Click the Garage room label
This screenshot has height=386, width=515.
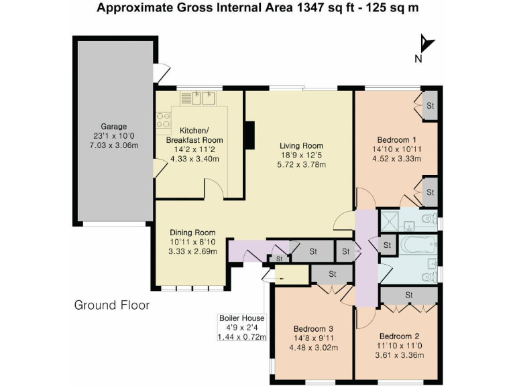[113, 127]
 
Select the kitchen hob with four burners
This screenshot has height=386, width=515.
[164, 120]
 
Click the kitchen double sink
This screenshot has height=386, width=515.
[198, 98]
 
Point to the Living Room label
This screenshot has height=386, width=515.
[301, 145]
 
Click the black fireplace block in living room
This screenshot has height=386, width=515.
[249, 135]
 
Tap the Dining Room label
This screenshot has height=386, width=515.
[192, 233]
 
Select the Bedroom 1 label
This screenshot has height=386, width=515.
[397, 139]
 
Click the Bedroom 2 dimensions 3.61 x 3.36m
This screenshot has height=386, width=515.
[400, 355]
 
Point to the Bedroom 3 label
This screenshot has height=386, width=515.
[313, 328]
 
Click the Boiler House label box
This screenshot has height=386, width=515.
[241, 327]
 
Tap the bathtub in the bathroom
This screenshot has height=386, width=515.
[418, 244]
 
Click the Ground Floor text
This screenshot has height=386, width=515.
[112, 306]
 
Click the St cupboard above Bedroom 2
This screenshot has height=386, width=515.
[409, 295]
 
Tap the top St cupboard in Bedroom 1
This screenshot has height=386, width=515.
[430, 106]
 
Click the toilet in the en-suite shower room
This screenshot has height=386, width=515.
[429, 218]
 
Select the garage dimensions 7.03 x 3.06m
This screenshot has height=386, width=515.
[113, 145]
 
